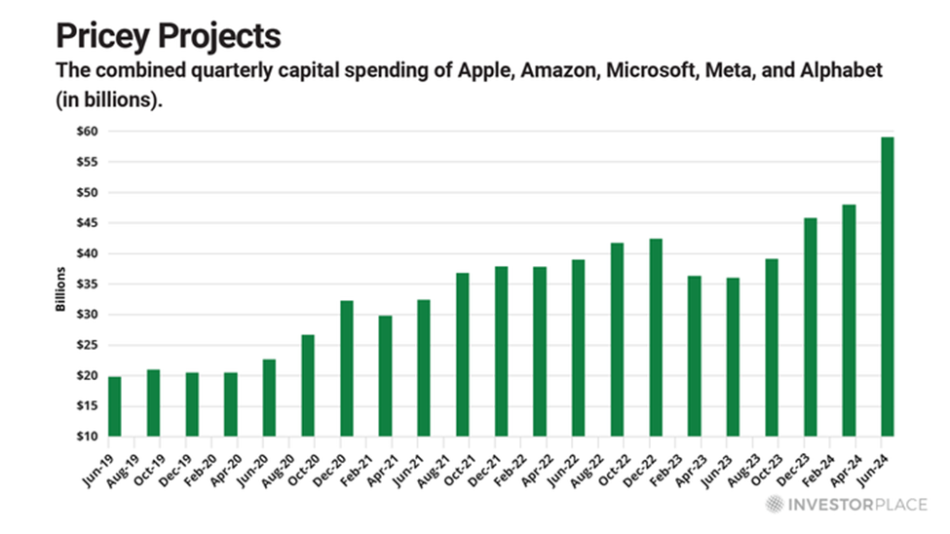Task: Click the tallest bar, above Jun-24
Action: click(x=887, y=286)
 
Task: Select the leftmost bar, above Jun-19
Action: click(x=115, y=406)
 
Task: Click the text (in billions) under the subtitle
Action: click(x=107, y=101)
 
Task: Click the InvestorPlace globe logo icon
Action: click(x=773, y=505)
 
